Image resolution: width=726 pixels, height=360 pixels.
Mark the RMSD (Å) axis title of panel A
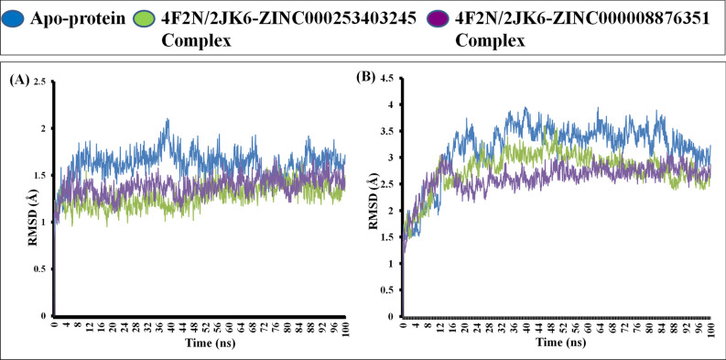coord(19,198)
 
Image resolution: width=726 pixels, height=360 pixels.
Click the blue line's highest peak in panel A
coord(168,119)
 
